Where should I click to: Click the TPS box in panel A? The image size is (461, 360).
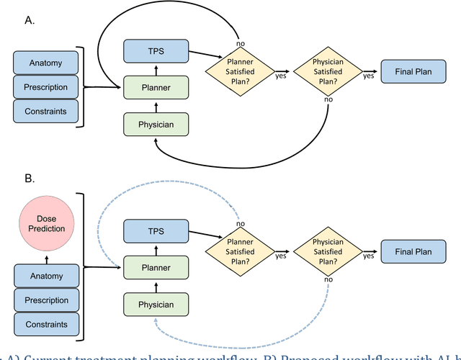[155, 50]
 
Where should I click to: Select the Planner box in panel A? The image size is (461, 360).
[155, 88]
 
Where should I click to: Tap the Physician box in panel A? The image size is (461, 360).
[155, 125]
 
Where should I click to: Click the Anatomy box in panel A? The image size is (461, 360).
[45, 63]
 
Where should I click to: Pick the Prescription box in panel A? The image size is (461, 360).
[45, 87]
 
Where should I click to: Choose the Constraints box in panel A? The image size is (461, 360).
[45, 111]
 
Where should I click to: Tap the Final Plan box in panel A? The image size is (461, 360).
[413, 73]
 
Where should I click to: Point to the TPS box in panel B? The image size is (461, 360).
[155, 231]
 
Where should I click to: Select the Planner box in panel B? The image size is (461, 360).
[155, 268]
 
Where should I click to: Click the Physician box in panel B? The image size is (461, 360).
[155, 305]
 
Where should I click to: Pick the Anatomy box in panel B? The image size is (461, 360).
[45, 276]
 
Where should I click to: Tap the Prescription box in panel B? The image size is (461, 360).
[45, 300]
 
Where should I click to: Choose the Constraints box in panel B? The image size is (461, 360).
[45, 324]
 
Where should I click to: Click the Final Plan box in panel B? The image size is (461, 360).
[413, 252]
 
